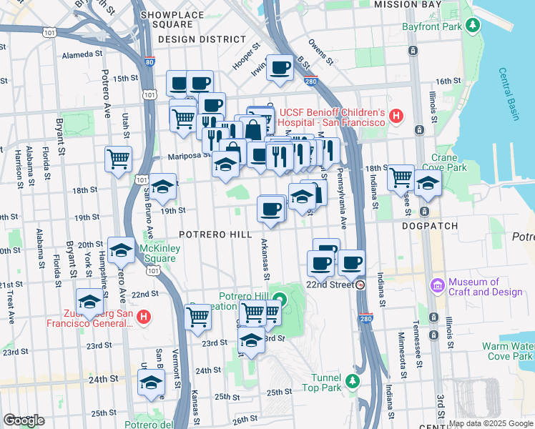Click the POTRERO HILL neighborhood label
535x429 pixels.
(215, 235)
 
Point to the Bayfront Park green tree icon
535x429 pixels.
(472, 26)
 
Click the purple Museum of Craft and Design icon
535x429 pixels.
(437, 286)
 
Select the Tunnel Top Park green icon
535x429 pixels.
(351, 382)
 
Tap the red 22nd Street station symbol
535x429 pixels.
(360, 284)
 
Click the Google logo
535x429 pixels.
(24, 420)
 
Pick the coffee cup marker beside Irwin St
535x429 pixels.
(280, 69)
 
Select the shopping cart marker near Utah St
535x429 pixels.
(118, 158)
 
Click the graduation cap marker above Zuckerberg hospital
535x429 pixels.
(90, 301)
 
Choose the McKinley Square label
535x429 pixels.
(157, 253)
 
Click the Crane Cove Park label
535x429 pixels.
(449, 162)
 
